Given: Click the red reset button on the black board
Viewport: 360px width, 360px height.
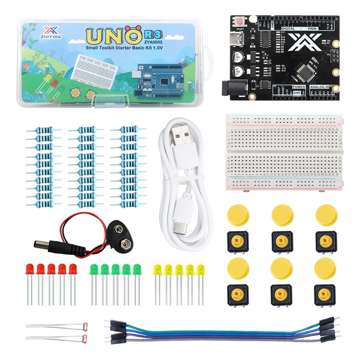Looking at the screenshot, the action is tap(239, 22).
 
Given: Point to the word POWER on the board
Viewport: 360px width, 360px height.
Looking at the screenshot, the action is tap(298, 87).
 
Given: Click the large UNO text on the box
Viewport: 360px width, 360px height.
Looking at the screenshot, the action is tap(113, 36).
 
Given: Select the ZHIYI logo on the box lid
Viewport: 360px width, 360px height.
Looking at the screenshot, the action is tap(48, 32).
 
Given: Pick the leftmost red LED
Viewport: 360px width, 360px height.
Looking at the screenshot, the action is tap(30, 269).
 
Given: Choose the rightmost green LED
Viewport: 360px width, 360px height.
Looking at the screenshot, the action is tap(137, 269).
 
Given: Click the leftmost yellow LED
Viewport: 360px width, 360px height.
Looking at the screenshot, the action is tap(157, 269).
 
